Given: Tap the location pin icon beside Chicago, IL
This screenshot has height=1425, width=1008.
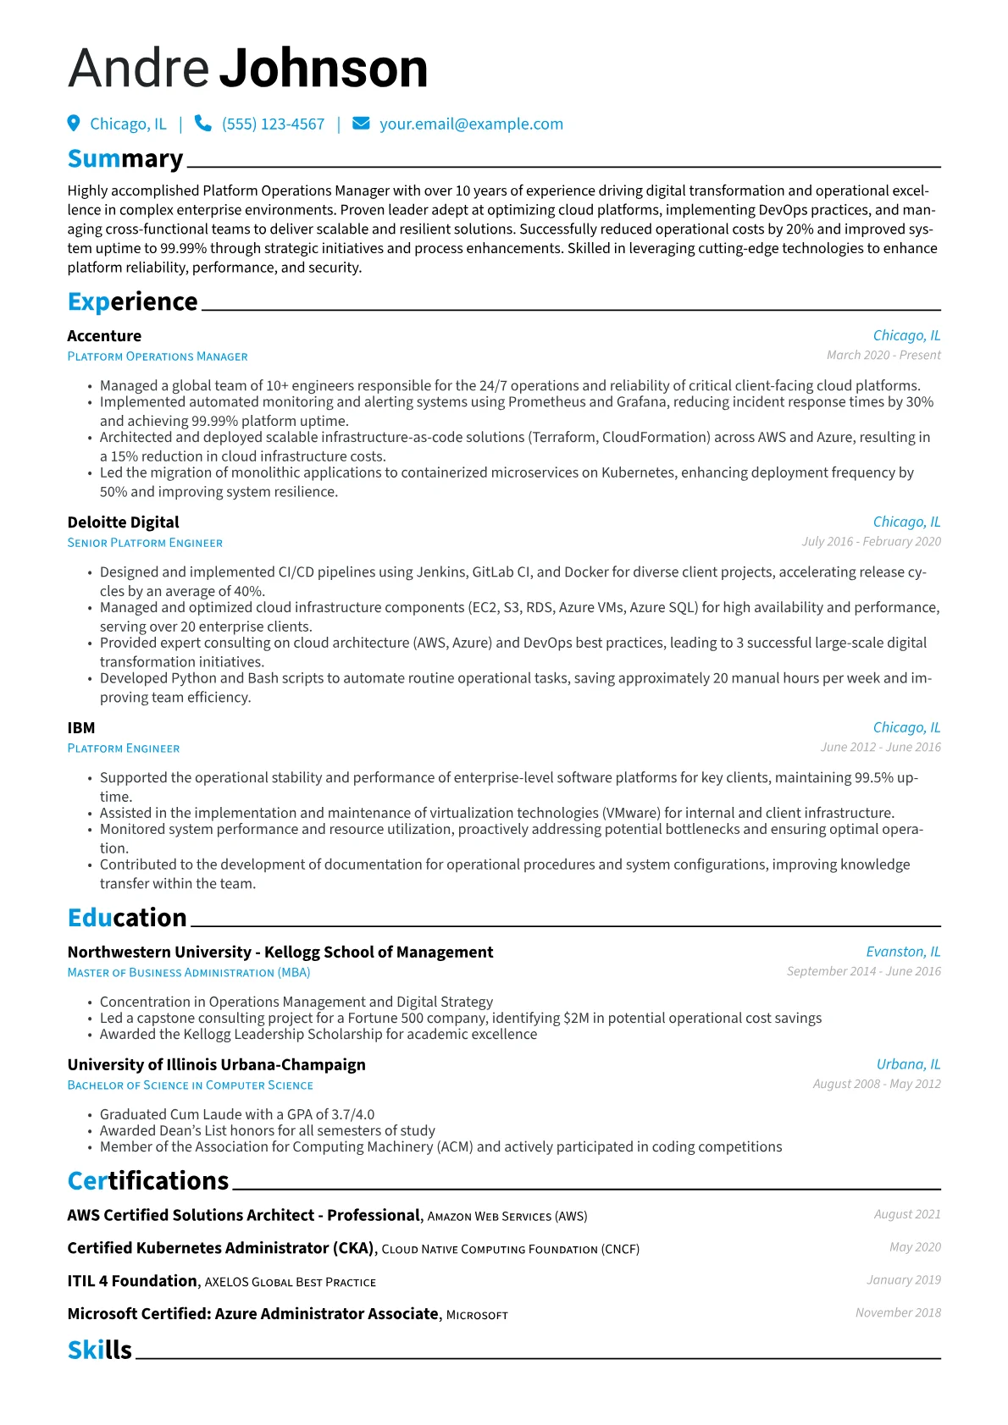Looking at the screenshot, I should click(x=74, y=124).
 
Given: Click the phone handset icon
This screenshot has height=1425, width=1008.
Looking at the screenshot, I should click(x=202, y=124).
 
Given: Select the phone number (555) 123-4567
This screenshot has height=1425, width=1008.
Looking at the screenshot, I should click(x=273, y=124).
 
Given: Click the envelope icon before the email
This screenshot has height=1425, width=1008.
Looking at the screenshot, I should click(x=361, y=124).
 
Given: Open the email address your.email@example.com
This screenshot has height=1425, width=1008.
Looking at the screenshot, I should click(x=471, y=124).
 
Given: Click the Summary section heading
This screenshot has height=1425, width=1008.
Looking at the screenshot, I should click(x=125, y=159).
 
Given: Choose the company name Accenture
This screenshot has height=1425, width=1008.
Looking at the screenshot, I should click(x=104, y=336).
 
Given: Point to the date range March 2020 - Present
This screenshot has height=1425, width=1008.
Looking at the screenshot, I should click(x=883, y=356).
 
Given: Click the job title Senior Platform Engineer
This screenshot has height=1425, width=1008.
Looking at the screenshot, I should click(x=145, y=543).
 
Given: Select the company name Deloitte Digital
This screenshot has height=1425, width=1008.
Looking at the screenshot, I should click(x=123, y=522).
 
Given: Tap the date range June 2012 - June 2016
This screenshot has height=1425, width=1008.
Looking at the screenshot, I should click(x=880, y=748).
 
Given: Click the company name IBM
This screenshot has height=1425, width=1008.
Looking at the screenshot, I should click(x=81, y=728).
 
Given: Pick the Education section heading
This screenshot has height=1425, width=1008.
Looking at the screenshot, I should click(x=127, y=918).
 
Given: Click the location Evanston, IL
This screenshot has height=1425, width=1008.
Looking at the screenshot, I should click(x=902, y=953).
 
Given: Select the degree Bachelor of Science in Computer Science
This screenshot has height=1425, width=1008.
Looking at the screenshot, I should click(x=190, y=1085).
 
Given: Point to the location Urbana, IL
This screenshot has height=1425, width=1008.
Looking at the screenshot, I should click(x=908, y=1065).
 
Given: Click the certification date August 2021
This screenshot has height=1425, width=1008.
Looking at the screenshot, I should click(x=906, y=1215).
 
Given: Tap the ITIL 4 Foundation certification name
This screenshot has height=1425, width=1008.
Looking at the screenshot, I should click(x=132, y=1282).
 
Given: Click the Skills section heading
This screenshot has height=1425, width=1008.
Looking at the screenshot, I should click(x=100, y=1350).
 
